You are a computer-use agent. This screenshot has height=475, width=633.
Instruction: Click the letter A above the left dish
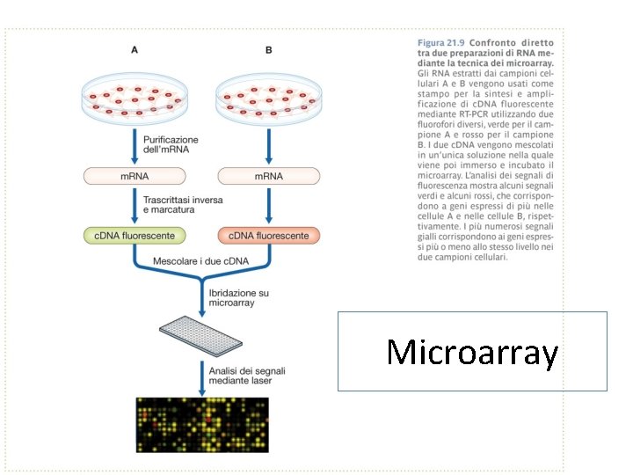[134, 50]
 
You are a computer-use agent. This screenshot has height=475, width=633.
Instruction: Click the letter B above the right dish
[268, 50]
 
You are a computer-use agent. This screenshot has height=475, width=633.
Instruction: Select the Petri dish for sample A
[134, 98]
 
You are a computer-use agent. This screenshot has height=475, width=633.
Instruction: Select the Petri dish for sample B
[268, 98]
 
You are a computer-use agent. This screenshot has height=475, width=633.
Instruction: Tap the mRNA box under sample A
[134, 176]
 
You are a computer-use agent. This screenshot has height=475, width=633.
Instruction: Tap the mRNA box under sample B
[268, 176]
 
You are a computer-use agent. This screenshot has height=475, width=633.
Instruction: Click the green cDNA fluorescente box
[134, 236]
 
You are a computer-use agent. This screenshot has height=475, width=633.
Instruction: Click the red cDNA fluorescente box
[268, 236]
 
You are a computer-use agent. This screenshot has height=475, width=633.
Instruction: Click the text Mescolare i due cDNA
[200, 261]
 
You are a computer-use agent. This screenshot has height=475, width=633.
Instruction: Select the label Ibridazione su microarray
[240, 296]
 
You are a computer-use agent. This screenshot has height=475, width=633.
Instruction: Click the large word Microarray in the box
[472, 352]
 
